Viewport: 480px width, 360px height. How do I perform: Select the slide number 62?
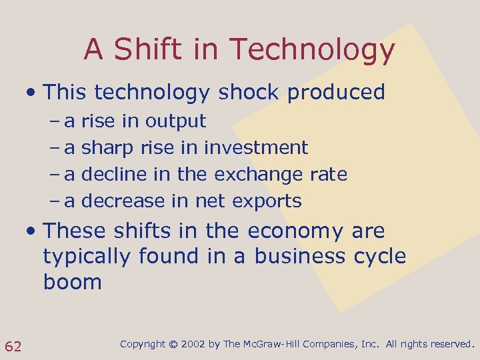[x=13, y=345]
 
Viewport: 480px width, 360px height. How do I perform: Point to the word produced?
[x=336, y=92]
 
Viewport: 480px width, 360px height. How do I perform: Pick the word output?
[x=176, y=121]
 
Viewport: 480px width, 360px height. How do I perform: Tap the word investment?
[x=256, y=148]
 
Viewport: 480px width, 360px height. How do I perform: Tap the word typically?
[x=87, y=257]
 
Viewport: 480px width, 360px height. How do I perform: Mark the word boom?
[x=73, y=282]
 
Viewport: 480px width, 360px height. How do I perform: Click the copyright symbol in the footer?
[x=173, y=345]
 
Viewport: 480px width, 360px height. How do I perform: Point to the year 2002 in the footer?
[x=194, y=345]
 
